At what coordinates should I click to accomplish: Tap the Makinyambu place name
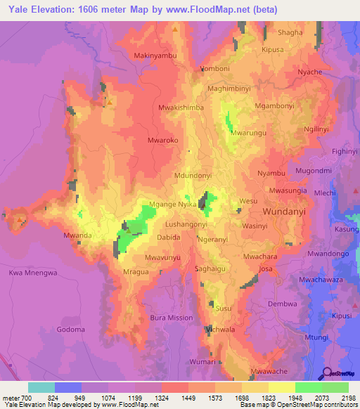point(156,55)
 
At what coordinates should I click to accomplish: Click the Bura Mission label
point(172,318)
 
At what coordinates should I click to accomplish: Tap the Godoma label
point(70,330)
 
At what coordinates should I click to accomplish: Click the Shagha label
point(290,32)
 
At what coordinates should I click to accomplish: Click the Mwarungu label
point(248,132)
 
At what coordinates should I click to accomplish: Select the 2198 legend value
point(349,398)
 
